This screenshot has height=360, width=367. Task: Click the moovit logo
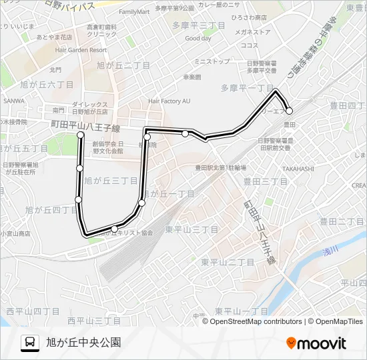coord(316,343)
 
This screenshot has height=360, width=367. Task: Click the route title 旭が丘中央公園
coord(83,343)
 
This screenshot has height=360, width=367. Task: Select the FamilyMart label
coord(134,12)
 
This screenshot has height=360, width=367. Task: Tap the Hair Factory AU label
coord(169,101)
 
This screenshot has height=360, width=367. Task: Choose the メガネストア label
coord(250,31)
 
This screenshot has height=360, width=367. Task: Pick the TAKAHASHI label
coord(298,169)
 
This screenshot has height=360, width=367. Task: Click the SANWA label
coord(13,101)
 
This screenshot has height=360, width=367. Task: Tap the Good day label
coord(198,38)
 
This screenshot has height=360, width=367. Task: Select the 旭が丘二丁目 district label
coord(123,65)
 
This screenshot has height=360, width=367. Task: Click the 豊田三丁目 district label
coord(265,181)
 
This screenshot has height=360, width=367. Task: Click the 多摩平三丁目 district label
coord(198,25)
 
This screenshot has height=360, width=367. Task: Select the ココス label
coord(250,45)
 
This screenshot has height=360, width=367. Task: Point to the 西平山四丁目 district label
coord(33,311)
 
